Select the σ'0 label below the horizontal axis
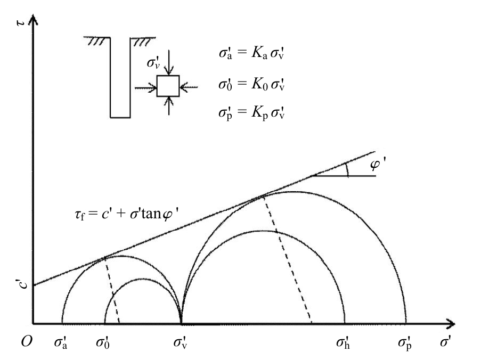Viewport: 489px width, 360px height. click(104, 341)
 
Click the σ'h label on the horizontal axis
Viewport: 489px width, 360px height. click(343, 341)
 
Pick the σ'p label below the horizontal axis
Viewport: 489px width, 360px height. click(406, 341)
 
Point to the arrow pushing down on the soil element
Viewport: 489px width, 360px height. click(168, 63)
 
